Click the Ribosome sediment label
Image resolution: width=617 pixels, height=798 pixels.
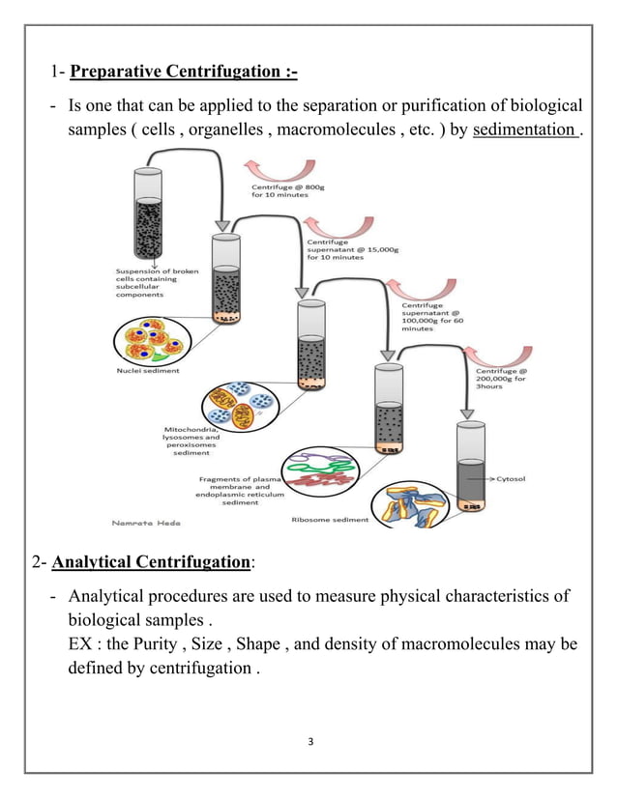pos(330,520)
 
